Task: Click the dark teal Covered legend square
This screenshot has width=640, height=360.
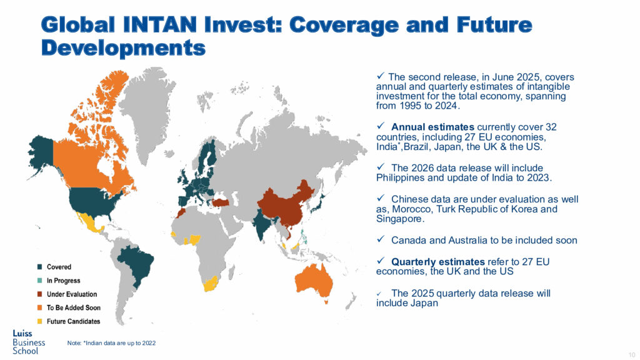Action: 39,267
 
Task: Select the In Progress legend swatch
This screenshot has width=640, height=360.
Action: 39,281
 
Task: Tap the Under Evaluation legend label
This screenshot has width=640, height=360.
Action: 72,294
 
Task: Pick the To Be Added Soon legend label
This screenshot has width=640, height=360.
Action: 74,307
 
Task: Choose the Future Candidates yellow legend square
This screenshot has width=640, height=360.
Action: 39,321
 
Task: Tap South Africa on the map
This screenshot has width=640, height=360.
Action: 210,284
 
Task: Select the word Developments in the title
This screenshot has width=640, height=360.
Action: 123,47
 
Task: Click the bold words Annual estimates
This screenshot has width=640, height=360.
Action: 432,127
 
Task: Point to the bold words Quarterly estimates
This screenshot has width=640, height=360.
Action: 438,262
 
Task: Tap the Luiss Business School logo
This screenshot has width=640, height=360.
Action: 29,342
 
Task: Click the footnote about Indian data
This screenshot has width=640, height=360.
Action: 111,343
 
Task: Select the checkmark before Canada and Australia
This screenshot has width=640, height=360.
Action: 381,239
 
